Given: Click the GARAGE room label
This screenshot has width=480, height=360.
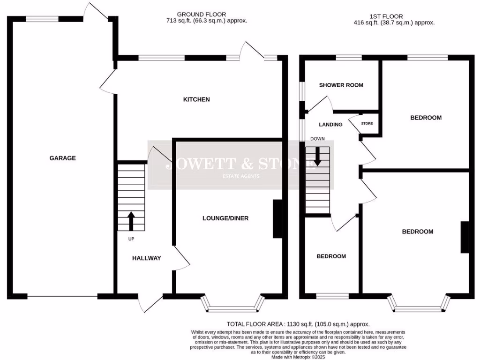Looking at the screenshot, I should coord(62,158).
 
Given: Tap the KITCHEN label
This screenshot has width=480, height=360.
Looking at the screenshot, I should coord(196,99).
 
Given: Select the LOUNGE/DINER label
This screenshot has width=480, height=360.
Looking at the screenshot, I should coord(225,218).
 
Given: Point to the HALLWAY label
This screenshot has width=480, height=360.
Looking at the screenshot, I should coord(146,258).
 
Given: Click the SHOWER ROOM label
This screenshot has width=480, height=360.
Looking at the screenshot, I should coord(341,85).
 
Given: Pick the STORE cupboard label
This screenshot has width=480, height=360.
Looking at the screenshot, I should coord(367,124).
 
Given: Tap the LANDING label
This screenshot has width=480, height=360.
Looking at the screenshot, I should coord(330,125).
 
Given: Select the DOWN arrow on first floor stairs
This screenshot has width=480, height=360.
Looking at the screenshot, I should coord(317,156).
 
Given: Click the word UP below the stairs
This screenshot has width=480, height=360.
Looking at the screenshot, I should coord(131,239).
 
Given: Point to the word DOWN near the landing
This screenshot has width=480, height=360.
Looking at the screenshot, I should coord(317,139).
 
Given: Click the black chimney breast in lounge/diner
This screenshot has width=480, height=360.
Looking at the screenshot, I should coord(277,219).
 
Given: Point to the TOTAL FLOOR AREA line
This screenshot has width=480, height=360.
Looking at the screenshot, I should coord(298,324).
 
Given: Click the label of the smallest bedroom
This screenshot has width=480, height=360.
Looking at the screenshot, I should coord(331,256).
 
